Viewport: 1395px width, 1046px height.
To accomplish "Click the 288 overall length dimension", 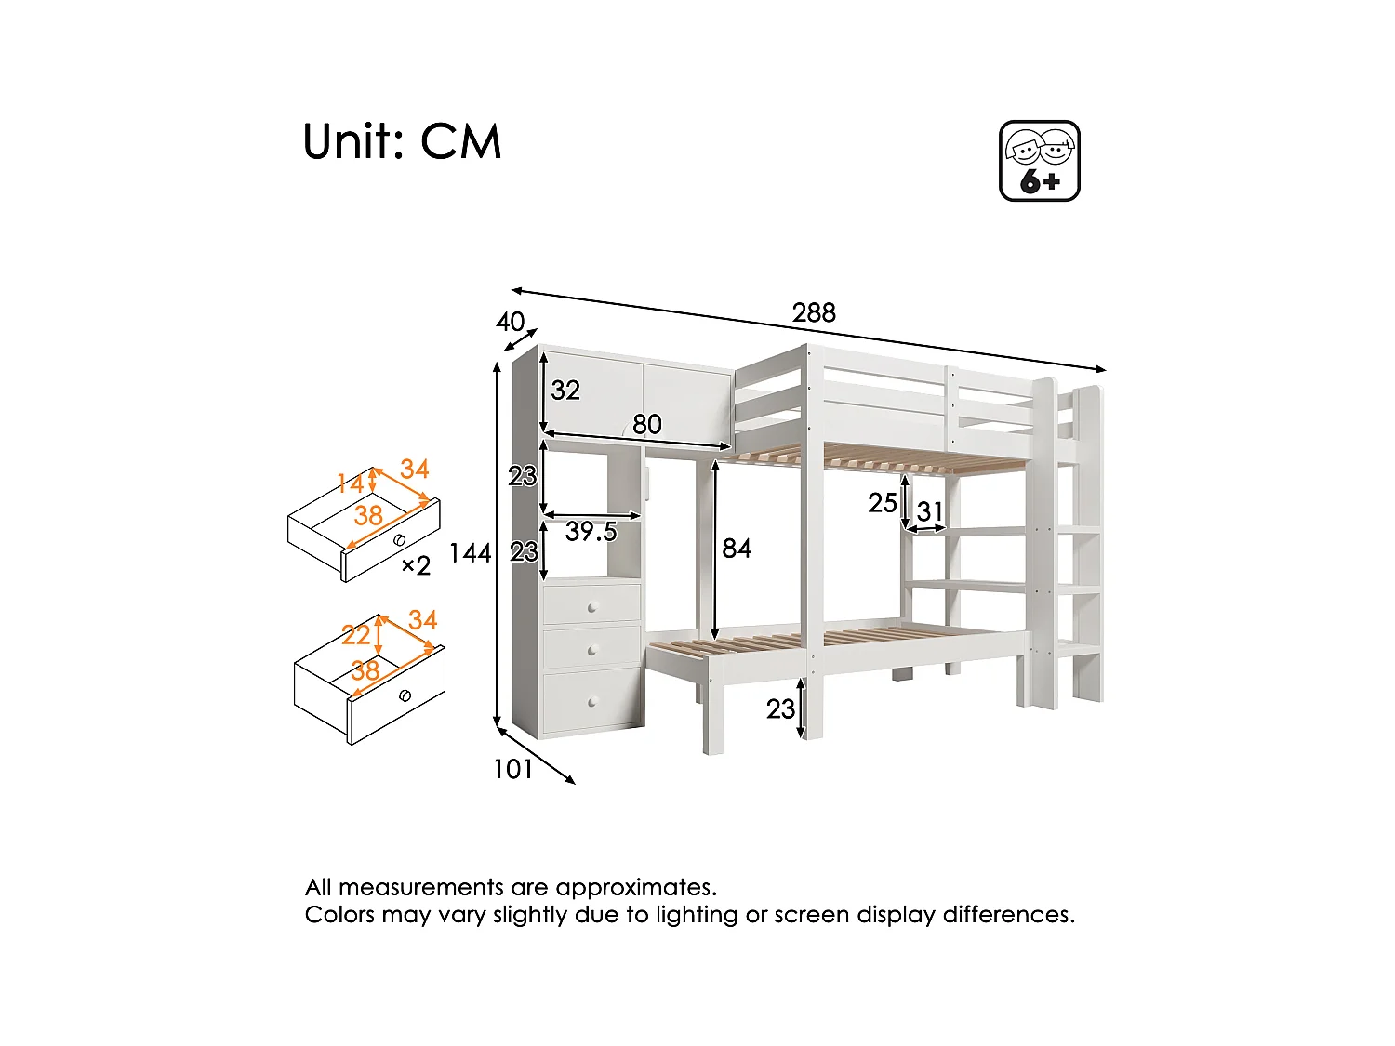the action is coord(814,312).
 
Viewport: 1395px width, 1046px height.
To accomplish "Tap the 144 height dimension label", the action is coord(470,553).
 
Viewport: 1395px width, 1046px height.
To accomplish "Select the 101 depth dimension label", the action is coord(512,769).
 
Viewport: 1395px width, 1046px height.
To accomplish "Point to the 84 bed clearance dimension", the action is coord(737,549).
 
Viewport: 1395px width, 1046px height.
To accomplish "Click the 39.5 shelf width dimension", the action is coord(591,531).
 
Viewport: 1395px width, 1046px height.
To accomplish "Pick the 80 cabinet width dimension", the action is coord(647,425).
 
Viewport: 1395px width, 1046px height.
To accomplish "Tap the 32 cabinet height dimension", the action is coord(565,390).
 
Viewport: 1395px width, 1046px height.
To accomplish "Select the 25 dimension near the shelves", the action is coord(883,503).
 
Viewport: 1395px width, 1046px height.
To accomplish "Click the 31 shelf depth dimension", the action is coord(930,511).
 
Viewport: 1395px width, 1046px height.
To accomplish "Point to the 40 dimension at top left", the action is coord(511,322).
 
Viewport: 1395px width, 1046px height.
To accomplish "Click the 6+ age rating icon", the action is coord(1040,161).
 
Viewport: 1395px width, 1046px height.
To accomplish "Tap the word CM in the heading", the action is coord(461,142).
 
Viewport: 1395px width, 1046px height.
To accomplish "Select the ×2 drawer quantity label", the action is coord(416,565).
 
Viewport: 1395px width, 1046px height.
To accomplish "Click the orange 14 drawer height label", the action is coord(351,483).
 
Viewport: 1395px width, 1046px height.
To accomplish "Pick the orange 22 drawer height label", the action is coord(356,635).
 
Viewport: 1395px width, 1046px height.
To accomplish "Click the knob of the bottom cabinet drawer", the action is coord(592,702).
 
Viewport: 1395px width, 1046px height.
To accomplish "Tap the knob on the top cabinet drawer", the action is coord(592,608).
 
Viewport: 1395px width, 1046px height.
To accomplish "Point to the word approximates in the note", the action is coord(635,887).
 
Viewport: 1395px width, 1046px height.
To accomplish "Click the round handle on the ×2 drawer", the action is coord(399,540).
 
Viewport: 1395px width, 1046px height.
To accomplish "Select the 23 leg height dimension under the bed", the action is coord(781,709).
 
